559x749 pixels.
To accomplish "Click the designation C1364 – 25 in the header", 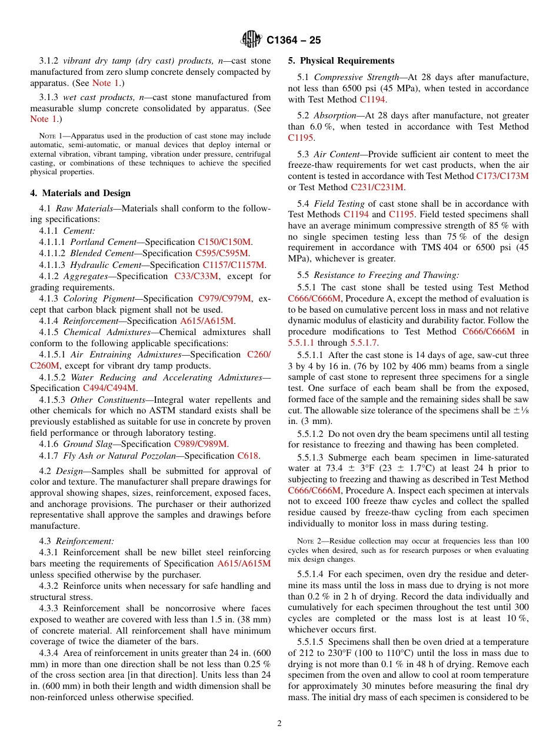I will point(293,41).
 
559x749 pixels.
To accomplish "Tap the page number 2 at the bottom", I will point(279,724).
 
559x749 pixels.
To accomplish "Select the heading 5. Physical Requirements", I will point(341,61).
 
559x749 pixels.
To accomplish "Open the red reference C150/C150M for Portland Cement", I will point(224,242).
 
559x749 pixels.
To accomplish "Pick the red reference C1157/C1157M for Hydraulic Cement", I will point(234,265).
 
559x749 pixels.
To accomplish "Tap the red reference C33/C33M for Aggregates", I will point(196,276).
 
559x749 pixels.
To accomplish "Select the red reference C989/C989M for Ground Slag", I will point(201,444).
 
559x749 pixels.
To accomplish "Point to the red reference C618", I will point(247,455).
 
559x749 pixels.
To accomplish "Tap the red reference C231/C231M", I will point(377,187).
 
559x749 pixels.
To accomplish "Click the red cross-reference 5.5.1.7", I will point(364,343).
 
